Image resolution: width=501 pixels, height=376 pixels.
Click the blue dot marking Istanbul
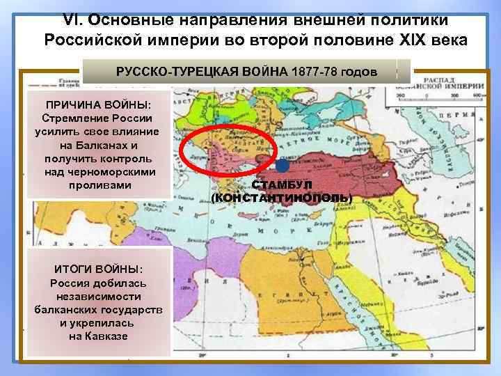pyautogui.click(x=280, y=166)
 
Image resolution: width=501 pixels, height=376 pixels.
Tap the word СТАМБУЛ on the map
pyautogui.click(x=282, y=186)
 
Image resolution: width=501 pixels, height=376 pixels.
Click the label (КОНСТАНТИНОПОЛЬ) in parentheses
pyautogui.click(x=282, y=198)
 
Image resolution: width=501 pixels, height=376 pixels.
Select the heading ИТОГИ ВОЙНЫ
pyautogui.click(x=98, y=269)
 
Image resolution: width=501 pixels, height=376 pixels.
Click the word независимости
pyautogui.click(x=98, y=296)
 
